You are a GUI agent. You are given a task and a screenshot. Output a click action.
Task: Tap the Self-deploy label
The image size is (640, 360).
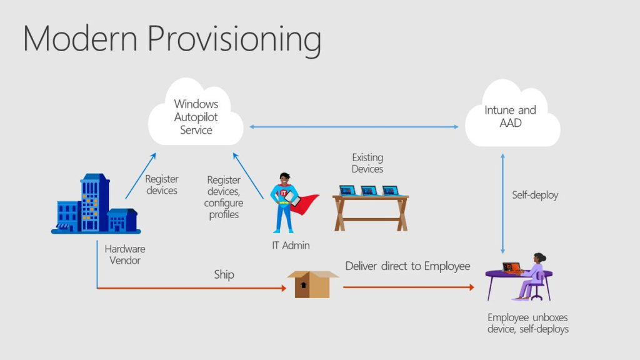point(535,195)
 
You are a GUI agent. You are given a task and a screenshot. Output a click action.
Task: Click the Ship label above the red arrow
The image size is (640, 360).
point(224,275)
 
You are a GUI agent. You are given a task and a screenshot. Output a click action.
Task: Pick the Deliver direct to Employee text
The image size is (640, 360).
point(407,266)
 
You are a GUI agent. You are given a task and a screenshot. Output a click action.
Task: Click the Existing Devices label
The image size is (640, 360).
point(367,163)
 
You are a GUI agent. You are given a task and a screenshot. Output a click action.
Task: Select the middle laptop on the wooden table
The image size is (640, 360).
point(369,190)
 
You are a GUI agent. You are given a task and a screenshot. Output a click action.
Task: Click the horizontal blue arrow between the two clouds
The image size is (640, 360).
point(354,127)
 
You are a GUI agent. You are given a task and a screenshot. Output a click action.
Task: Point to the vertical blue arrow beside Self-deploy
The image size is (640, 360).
point(503,200)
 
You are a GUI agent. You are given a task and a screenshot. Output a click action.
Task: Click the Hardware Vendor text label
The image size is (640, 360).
point(125,254)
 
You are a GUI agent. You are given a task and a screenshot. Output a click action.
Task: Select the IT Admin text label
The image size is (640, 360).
point(291,246)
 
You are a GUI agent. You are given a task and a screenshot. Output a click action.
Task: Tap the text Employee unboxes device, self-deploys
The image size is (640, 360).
point(528,323)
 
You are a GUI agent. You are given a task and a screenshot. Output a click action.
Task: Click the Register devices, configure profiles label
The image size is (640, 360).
point(224,197)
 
